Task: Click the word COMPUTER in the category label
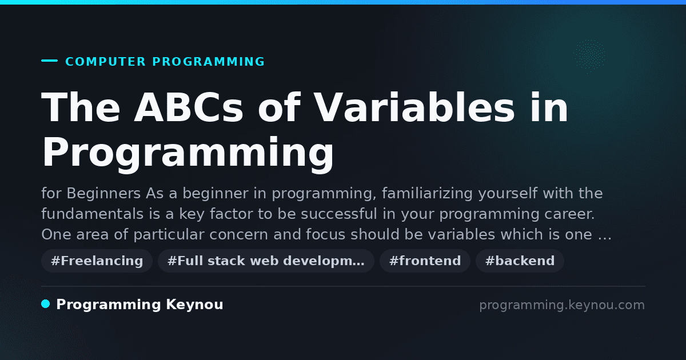tap(105, 62)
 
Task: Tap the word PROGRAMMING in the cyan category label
tap(208, 62)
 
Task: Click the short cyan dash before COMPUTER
tap(49, 61)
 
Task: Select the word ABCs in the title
tap(188, 107)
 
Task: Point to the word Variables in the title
tap(414, 107)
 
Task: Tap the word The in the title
tap(81, 107)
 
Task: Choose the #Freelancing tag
tap(97, 261)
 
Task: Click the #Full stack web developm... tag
tap(266, 261)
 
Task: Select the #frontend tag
tap(425, 261)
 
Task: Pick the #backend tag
tap(520, 261)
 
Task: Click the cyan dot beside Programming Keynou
tap(45, 304)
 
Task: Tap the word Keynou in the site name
tap(194, 305)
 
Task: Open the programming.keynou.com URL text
tap(562, 305)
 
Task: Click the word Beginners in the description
tap(103, 194)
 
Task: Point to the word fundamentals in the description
tap(93, 214)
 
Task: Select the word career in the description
tap(569, 214)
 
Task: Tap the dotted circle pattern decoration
tap(589, 57)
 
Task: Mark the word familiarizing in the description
tap(428, 194)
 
